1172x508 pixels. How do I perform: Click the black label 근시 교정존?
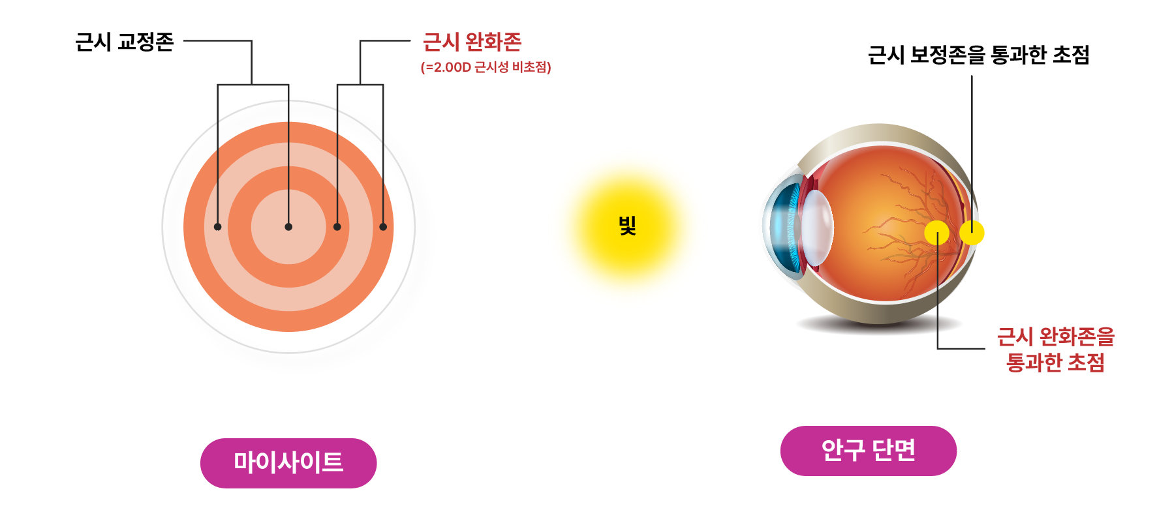click(x=124, y=42)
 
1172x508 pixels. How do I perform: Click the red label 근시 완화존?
click(x=472, y=42)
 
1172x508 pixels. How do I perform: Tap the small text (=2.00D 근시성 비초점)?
click(x=486, y=67)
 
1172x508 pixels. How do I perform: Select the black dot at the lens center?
click(x=288, y=227)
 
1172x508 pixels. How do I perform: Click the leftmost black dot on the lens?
click(x=217, y=227)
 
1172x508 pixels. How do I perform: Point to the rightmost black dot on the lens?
click(x=383, y=227)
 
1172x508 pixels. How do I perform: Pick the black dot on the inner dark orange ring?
click(x=337, y=227)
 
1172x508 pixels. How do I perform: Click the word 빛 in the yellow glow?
click(x=627, y=226)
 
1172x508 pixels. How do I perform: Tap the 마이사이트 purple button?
click(x=288, y=463)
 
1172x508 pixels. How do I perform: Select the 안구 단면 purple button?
click(x=868, y=451)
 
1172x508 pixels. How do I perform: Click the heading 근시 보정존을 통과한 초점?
click(x=978, y=55)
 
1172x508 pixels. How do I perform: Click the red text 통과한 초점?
click(x=1055, y=363)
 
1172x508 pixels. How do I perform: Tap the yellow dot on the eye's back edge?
click(x=972, y=233)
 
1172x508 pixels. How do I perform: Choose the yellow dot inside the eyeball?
click(x=936, y=233)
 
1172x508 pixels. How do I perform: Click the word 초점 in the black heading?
click(x=1071, y=55)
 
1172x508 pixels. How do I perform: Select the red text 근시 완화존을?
click(x=1055, y=337)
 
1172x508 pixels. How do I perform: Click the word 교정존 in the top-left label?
click(x=146, y=42)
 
